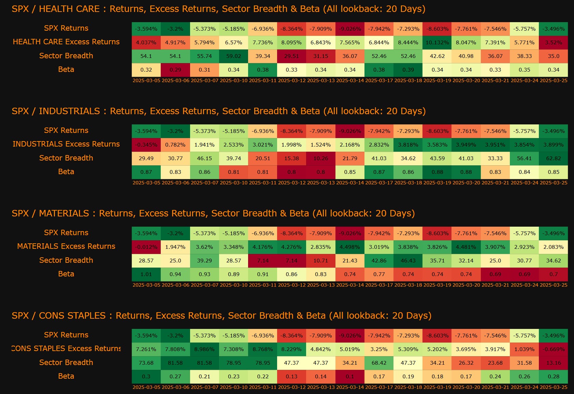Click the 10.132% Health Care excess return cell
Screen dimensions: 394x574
pos(437,43)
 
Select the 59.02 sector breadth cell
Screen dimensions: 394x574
pos(234,56)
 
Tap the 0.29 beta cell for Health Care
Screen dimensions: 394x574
pos(175,70)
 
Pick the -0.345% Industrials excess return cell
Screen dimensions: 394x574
pos(146,145)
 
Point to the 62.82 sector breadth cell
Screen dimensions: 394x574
pos(554,158)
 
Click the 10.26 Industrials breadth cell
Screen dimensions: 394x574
pos(321,158)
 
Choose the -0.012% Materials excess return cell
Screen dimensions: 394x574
pos(146,247)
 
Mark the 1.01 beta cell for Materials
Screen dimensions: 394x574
pos(146,274)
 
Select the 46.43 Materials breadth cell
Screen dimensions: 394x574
pos(408,261)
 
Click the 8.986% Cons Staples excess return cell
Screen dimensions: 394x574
pos(204,349)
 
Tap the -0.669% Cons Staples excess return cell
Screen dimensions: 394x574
pos(554,349)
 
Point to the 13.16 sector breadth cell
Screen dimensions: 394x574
pos(554,363)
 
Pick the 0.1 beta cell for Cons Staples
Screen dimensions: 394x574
pos(350,377)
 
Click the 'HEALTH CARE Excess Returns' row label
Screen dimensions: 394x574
pos(66,42)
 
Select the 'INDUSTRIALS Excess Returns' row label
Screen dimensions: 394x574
pos(66,144)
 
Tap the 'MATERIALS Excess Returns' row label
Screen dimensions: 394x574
pos(66,246)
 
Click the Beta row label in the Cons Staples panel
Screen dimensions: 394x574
pos(66,376)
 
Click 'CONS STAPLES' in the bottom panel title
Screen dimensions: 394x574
pos(72,316)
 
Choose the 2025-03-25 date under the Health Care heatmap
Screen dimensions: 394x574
pos(554,81)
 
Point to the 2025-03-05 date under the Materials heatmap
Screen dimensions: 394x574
pos(146,285)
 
